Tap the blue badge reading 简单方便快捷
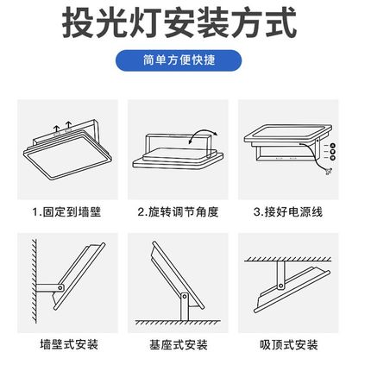pyautogui.click(x=185, y=63)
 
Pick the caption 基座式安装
pyautogui.click(x=185, y=345)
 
